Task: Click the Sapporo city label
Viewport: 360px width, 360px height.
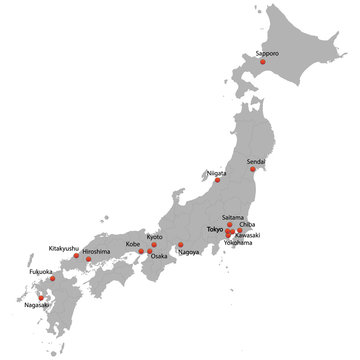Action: (x=268, y=53)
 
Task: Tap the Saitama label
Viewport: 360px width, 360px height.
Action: (x=232, y=217)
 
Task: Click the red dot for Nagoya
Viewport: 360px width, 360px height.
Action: (x=181, y=244)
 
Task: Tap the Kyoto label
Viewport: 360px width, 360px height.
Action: (x=154, y=237)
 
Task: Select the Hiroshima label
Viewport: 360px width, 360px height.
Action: (x=97, y=251)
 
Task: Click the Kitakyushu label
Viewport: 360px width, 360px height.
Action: (x=63, y=248)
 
